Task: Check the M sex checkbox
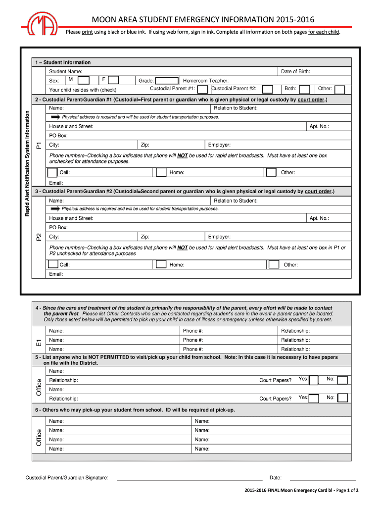tap(84, 80)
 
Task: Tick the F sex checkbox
tap(113, 80)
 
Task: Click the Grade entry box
tap(167, 81)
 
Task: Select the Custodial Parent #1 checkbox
tap(202, 90)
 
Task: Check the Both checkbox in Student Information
tap(305, 90)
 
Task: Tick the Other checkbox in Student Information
tap(339, 90)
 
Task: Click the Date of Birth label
tap(295, 72)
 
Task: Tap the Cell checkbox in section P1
tap(52, 172)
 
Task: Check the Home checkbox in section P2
tap(161, 264)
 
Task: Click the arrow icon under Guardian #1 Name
tap(55, 117)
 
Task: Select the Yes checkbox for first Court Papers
tap(314, 380)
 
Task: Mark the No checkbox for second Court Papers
tap(342, 398)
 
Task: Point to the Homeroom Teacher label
tap(206, 81)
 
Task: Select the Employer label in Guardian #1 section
tap(219, 145)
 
